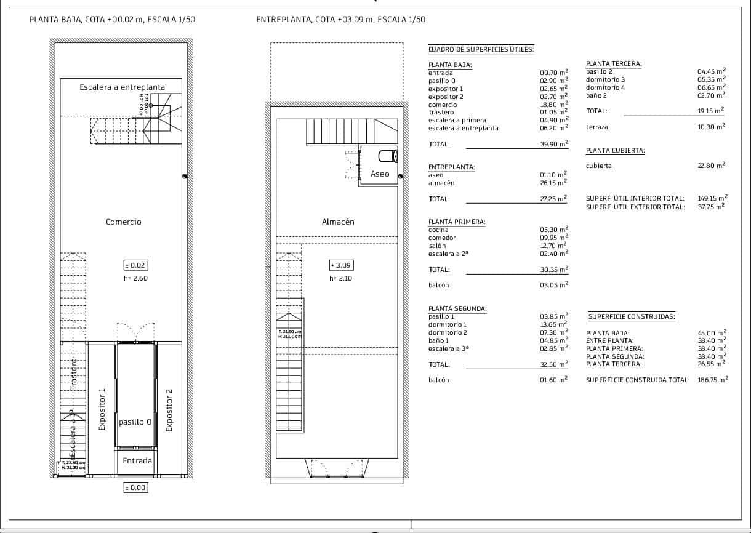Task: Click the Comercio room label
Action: coord(123,222)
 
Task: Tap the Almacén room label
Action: coord(338,222)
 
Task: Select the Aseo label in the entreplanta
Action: coord(380,174)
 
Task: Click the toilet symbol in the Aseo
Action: coord(388,155)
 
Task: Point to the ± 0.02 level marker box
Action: coord(136,265)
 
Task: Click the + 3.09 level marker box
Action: coord(342,265)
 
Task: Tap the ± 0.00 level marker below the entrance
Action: coord(136,487)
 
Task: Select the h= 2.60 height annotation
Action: coord(136,278)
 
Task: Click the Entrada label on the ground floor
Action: coord(137,460)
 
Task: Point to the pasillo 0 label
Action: coord(135,422)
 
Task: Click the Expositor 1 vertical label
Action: coord(102,409)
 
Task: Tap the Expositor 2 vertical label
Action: coord(169,409)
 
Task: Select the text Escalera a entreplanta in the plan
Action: coord(122,87)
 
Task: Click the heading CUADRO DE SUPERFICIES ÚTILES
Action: coord(481,49)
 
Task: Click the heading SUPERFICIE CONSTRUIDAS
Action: coord(632,317)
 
